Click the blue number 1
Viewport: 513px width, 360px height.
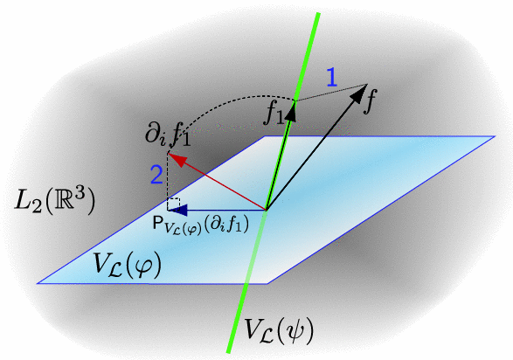coord(332,78)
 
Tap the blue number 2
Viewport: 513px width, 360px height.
coord(156,175)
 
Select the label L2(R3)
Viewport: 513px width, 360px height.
coord(55,200)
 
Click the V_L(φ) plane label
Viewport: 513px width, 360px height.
coord(127,264)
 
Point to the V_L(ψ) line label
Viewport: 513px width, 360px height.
coord(279,330)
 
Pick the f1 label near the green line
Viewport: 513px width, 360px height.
coord(274,114)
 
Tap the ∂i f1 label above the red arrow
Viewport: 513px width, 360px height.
coord(168,135)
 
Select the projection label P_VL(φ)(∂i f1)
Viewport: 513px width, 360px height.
coord(201,225)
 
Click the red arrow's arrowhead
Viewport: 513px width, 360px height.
coord(176,158)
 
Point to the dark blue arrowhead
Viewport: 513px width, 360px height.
coord(177,210)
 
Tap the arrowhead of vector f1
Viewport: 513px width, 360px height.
coord(292,111)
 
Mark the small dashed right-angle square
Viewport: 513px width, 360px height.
coord(173,204)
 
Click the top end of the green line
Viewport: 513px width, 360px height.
coord(318,13)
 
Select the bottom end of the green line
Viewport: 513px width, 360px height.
coord(228,352)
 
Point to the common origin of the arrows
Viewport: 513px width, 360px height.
coord(266,210)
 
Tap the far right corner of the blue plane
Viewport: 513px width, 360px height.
coord(495,136)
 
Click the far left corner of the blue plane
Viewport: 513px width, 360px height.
coord(38,283)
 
